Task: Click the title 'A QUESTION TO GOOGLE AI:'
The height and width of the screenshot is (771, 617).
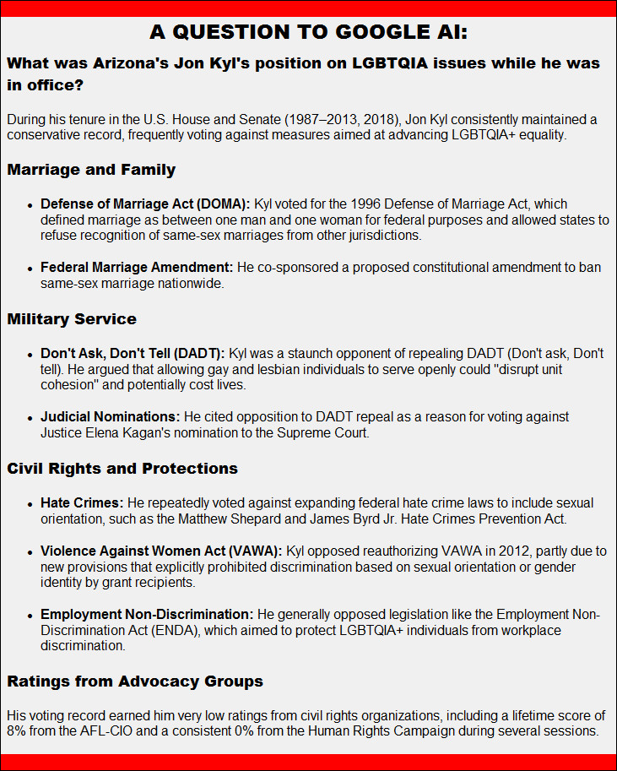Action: point(308,32)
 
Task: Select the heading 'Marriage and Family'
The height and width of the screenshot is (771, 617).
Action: point(91,170)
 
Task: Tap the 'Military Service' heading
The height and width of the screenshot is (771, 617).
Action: point(72,319)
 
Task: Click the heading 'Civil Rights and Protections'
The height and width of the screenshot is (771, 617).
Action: point(122,469)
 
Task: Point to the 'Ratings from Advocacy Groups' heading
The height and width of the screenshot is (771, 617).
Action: point(135,681)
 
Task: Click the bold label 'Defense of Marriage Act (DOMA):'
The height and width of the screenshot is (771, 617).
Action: point(145,204)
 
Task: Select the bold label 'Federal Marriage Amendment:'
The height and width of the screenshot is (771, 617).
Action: point(137,268)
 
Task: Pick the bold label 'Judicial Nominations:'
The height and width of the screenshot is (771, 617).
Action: point(110,417)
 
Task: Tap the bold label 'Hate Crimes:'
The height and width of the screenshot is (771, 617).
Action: point(82,503)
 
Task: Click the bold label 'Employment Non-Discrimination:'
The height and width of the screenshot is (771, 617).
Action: point(147,615)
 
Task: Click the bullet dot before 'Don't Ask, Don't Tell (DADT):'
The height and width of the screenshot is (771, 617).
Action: point(30,354)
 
